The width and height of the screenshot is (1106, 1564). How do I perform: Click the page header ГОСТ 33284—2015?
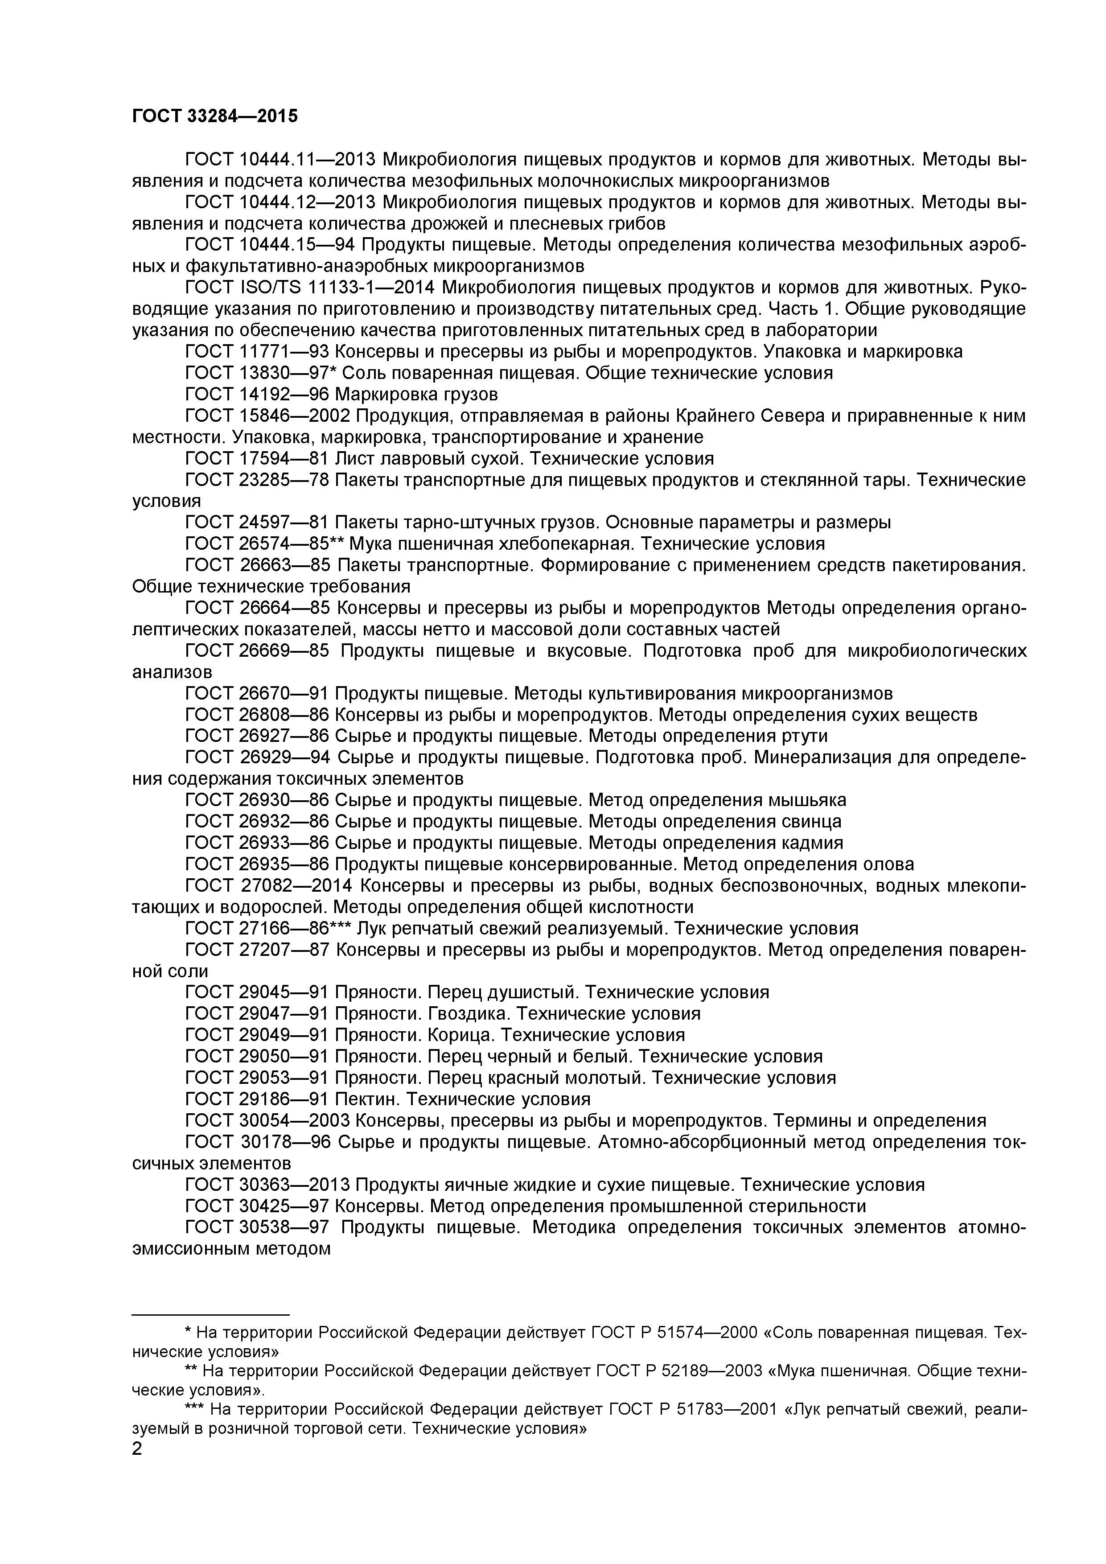click(x=214, y=116)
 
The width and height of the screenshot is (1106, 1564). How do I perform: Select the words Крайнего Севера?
click(x=740, y=416)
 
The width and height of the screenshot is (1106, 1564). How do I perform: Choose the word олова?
click(x=888, y=864)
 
